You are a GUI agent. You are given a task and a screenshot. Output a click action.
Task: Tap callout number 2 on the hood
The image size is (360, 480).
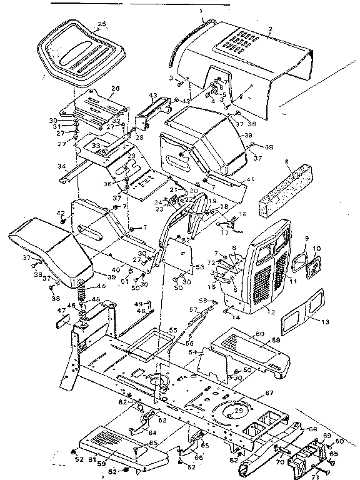pos(270,30)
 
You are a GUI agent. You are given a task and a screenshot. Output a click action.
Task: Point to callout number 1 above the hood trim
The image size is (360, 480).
pos(201,12)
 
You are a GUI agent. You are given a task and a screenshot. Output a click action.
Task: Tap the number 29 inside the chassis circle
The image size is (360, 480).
pos(239,410)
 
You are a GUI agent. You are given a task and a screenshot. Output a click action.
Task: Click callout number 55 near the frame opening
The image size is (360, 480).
pos(173,329)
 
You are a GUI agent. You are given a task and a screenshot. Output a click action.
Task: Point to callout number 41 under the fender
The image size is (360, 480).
pos(252,179)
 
